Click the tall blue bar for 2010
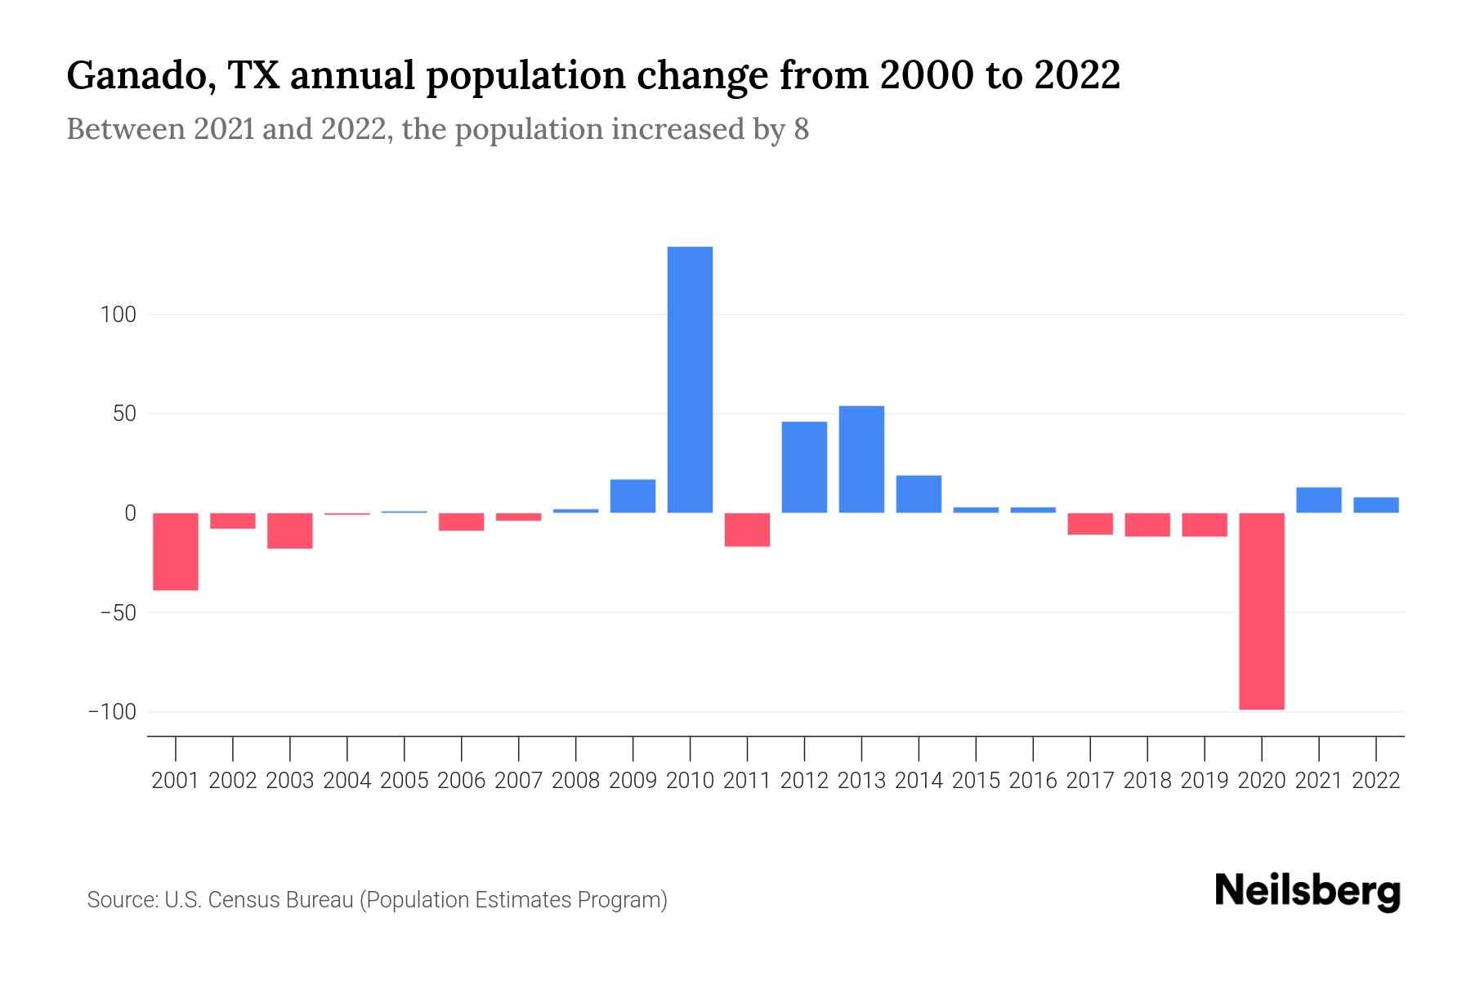click(x=690, y=379)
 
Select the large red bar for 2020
click(x=1261, y=611)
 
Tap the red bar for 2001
click(x=176, y=551)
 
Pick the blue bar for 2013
click(x=861, y=459)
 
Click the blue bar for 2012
click(x=804, y=467)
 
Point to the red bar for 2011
click(x=747, y=529)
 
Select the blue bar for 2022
click(x=1375, y=505)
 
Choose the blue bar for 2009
click(x=633, y=496)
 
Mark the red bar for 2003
click(x=290, y=531)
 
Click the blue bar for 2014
click(x=919, y=494)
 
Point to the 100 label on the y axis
click(x=118, y=315)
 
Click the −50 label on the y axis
click(x=113, y=612)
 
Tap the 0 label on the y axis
click(x=129, y=513)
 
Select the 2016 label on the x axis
click(x=1033, y=781)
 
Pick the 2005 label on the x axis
click(x=405, y=781)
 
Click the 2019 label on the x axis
click(x=1204, y=781)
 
